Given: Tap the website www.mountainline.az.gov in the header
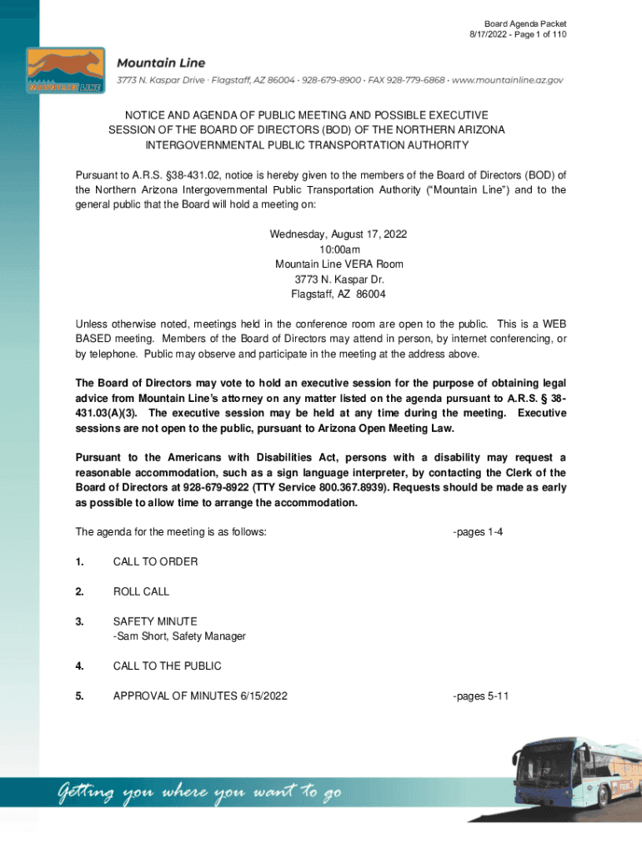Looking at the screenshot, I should click(x=508, y=80).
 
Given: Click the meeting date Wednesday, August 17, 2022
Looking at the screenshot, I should click(x=338, y=234).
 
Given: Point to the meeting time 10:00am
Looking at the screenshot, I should click(x=338, y=249).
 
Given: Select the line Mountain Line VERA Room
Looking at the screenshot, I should click(x=338, y=264).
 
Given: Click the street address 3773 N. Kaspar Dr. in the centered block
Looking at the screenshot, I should click(x=338, y=279).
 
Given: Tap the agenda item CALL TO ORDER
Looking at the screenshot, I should click(x=155, y=561).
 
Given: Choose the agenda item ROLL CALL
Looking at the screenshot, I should click(x=141, y=591).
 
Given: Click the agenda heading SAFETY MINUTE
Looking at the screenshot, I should click(x=155, y=621).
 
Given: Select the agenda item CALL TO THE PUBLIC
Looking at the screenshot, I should click(x=167, y=666).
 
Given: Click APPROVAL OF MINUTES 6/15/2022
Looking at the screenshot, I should click(x=200, y=696).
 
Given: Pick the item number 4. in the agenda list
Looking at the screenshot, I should click(x=79, y=666).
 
